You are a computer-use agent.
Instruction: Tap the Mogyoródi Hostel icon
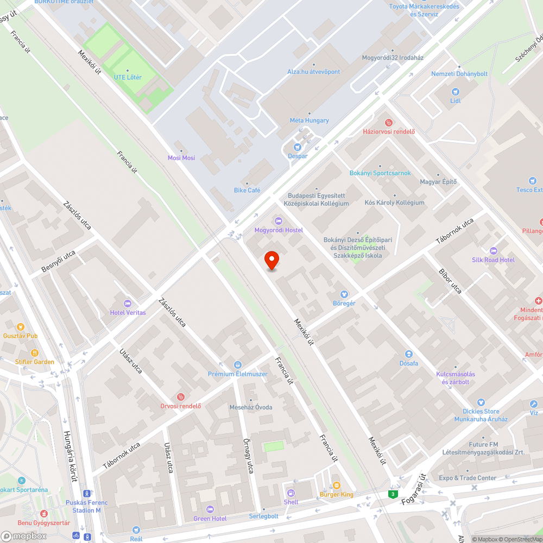tap(279, 220)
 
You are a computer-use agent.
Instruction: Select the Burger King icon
tap(336, 485)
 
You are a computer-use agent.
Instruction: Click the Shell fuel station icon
tap(291, 493)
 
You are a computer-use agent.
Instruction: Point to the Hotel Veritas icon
tap(128, 303)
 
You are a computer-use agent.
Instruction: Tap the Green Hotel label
tap(210, 519)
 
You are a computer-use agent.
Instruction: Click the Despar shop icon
tap(297, 147)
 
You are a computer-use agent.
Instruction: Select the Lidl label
tap(455, 100)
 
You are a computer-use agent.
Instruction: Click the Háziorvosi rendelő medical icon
tap(388, 123)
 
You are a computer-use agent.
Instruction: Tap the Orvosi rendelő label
tap(181, 406)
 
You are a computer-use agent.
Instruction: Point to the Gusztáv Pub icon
tap(21, 327)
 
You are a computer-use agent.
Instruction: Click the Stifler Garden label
tap(35, 362)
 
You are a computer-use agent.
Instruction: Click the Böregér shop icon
tap(344, 294)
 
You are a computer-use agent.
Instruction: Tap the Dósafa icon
tap(408, 354)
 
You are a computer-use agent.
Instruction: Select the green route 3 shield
tap(392, 494)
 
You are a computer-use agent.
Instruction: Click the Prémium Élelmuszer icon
tap(237, 364)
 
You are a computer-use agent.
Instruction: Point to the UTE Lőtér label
tap(128, 77)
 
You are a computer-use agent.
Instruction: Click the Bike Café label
tap(247, 190)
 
